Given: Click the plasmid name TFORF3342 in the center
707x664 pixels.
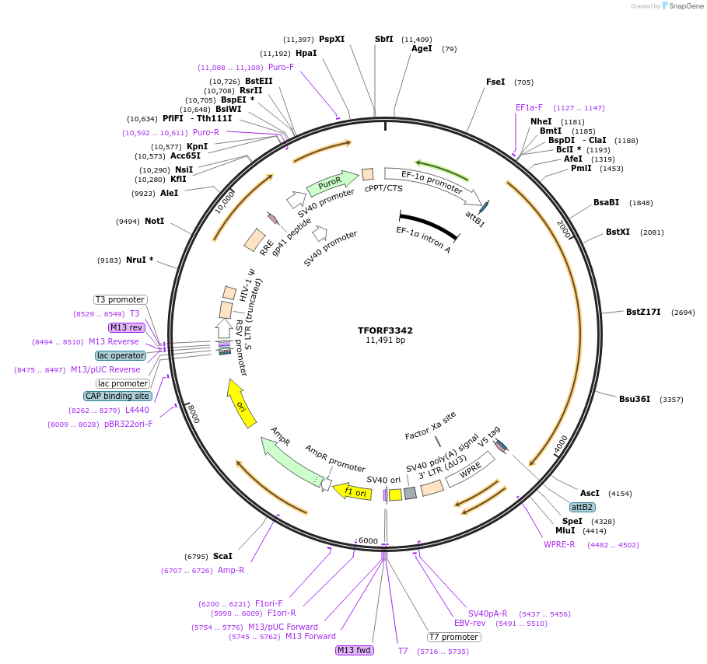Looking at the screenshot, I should point(386,330).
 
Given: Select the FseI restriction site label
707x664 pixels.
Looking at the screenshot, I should point(495,82).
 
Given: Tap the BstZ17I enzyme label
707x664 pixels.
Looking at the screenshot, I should point(643,312).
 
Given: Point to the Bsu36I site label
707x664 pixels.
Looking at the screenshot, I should point(635,399).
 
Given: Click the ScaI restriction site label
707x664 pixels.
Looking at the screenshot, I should point(222,556).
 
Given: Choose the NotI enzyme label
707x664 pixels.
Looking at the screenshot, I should point(155,221).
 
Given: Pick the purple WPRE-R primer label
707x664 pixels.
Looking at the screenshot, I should point(559,544).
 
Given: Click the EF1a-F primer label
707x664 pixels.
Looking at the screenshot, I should point(529,107).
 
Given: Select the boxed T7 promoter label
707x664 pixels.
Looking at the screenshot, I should point(454,637).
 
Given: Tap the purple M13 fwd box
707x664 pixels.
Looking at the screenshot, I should point(355,650).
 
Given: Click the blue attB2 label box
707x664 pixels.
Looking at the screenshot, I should point(583,507).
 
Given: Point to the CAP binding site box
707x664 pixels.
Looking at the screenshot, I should point(117,396).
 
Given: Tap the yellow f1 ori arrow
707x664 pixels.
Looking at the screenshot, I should point(353,492).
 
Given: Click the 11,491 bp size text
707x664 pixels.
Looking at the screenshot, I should point(386,340).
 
